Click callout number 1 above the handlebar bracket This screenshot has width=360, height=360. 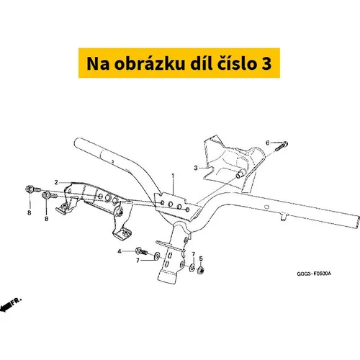(173, 176)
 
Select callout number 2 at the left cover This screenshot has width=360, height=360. (56, 182)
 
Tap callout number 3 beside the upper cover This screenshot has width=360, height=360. (196, 168)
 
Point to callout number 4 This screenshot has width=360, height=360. (120, 251)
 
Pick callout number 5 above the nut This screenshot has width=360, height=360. (201, 258)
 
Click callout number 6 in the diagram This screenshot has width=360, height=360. (268, 143)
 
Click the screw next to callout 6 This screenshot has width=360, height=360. (282, 146)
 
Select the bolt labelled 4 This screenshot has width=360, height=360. (141, 251)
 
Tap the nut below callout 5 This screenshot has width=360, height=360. (200, 271)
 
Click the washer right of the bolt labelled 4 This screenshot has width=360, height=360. (157, 256)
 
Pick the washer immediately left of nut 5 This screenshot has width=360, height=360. (192, 267)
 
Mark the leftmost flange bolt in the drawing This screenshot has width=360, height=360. (33, 189)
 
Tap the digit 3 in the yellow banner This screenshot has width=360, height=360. (266, 64)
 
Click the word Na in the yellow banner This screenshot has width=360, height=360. (98, 64)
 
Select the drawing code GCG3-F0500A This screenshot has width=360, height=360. (314, 274)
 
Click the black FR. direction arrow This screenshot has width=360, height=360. (11, 305)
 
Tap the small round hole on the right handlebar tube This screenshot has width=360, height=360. (266, 207)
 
